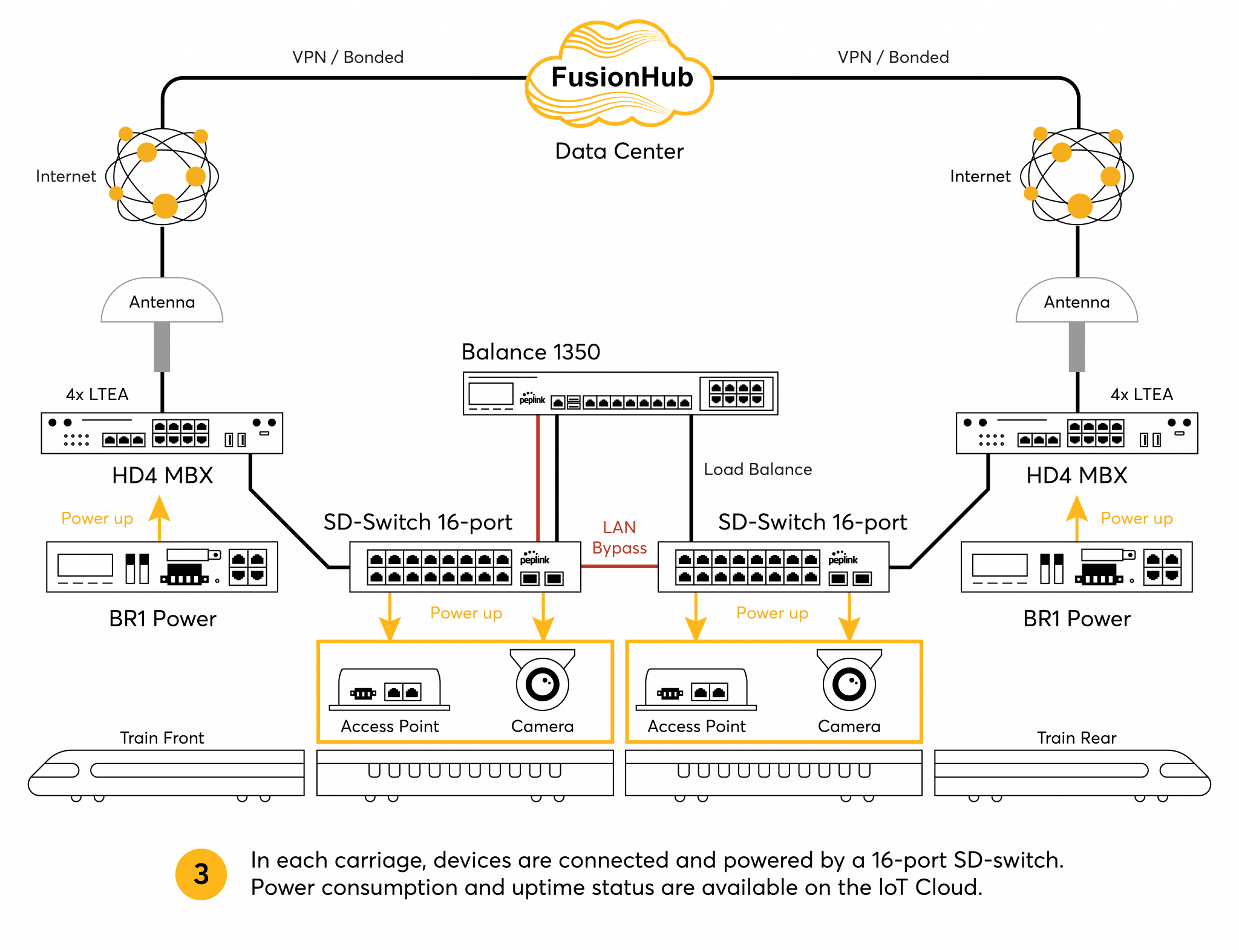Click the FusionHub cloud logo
pyautogui.click(x=620, y=76)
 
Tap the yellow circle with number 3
pyautogui.click(x=201, y=874)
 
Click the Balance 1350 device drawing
pyautogui.click(x=620, y=394)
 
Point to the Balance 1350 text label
pyautogui.click(x=531, y=352)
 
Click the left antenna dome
pyautogui.click(x=162, y=301)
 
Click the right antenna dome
pyautogui.click(x=1076, y=301)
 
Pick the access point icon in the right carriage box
pyautogui.click(x=696, y=690)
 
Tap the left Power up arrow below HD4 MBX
pyautogui.click(x=160, y=517)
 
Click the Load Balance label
pyautogui.click(x=760, y=470)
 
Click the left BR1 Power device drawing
pyautogui.click(x=162, y=567)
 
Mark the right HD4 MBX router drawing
pyautogui.click(x=1076, y=433)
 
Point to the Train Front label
pyautogui.click(x=162, y=738)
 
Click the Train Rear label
pyautogui.click(x=1076, y=738)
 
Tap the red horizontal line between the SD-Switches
pyautogui.click(x=619, y=566)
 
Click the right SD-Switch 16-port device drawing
pyautogui.click(x=773, y=567)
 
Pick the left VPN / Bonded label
pyautogui.click(x=347, y=57)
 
